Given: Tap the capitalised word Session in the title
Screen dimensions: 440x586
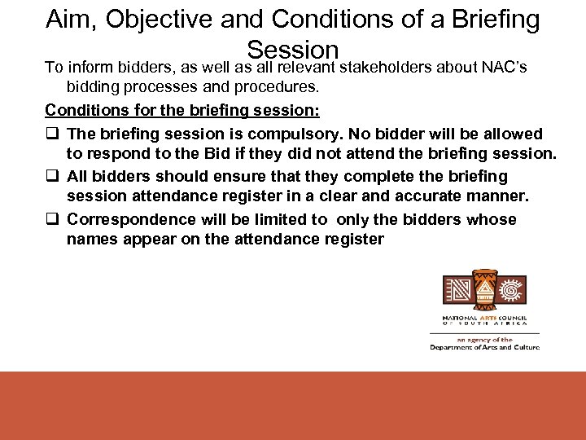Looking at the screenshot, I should point(292,50).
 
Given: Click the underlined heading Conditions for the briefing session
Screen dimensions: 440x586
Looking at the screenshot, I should point(182,110).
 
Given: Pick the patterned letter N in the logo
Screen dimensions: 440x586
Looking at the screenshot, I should point(457,291).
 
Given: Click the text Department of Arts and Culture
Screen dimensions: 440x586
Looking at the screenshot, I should point(484,348).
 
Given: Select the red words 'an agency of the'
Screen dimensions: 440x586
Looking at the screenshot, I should point(484,339).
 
